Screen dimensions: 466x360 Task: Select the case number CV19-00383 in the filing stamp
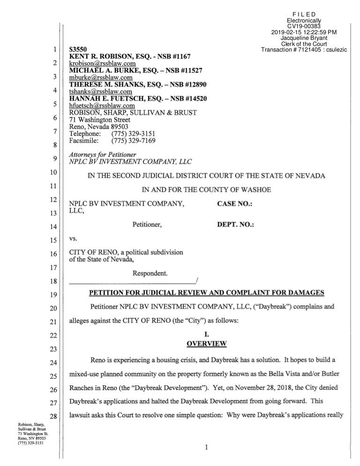[x=303, y=26]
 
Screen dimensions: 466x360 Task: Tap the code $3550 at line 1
[x=77, y=49]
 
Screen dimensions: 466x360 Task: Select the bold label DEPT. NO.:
[x=235, y=225]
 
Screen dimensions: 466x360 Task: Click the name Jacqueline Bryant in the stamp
[x=303, y=38]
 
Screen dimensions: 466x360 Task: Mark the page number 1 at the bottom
[x=206, y=447]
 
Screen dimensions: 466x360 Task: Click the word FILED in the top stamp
[x=303, y=14]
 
